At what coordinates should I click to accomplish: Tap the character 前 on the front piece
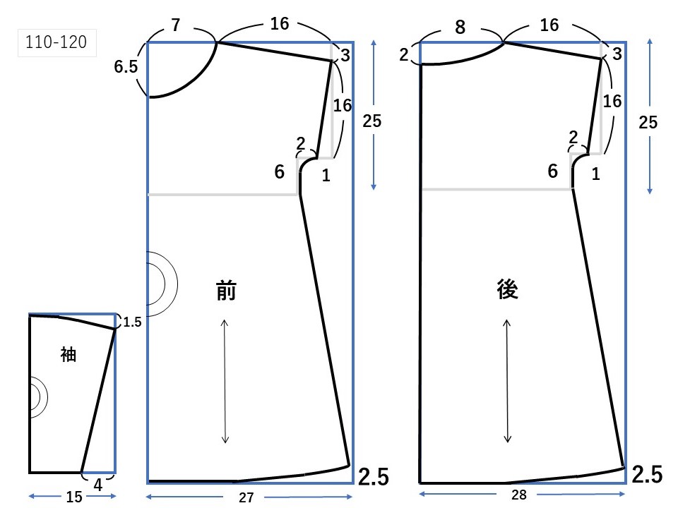226,291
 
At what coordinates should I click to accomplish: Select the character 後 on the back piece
508,289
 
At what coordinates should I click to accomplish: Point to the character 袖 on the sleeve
68,355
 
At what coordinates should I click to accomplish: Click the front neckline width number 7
175,26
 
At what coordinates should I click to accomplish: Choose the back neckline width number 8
460,27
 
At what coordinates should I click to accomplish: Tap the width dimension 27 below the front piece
246,497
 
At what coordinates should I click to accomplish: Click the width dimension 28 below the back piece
520,495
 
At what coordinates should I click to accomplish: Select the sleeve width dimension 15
73,497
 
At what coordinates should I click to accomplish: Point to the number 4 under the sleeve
98,485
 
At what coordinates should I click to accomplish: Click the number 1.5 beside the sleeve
132,322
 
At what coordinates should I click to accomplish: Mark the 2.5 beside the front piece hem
373,477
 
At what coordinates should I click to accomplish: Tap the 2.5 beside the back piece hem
647,476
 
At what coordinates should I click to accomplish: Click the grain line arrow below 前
225,381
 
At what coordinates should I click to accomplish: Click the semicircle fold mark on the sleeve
37,396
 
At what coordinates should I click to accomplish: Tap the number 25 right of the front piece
371,121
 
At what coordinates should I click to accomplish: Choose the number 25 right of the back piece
647,122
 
